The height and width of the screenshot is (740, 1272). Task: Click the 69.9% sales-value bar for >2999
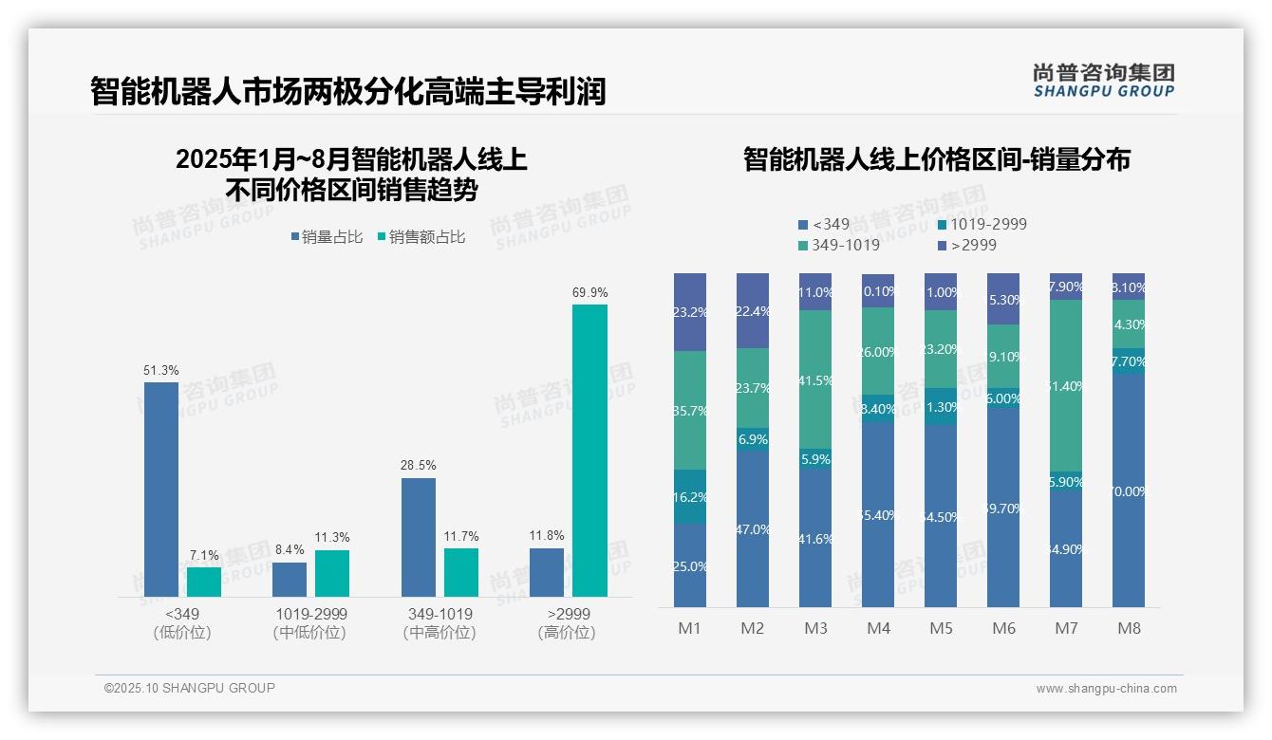tap(589, 450)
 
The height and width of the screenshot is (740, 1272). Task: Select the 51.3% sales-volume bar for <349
tap(161, 489)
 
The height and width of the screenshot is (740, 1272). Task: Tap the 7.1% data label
tap(204, 555)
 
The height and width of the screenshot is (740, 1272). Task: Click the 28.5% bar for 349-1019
tap(419, 537)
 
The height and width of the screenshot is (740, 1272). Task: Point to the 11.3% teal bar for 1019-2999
tap(332, 573)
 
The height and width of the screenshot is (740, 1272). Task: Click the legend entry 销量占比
tap(327, 237)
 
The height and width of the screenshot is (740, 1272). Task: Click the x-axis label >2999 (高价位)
tap(567, 623)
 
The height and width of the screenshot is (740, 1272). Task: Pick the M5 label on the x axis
tap(941, 628)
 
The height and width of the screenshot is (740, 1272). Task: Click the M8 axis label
tap(1129, 628)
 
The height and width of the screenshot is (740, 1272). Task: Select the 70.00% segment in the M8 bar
tap(1129, 490)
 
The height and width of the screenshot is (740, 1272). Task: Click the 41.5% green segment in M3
tap(815, 379)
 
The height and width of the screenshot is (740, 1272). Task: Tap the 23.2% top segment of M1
tap(690, 312)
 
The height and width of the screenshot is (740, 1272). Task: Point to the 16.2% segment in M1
tap(690, 496)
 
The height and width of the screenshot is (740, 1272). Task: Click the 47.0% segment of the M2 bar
tap(753, 528)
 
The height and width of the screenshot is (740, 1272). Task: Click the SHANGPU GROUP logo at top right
tap(1103, 81)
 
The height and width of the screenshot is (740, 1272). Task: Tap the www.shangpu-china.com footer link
tap(1106, 689)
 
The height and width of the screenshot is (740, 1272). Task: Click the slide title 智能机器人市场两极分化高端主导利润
tap(347, 92)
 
